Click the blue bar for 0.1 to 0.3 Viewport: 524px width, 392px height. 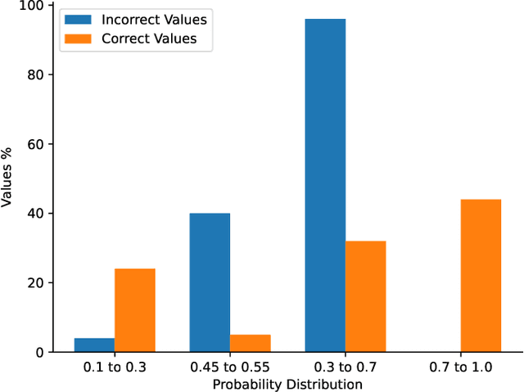[x=94, y=345]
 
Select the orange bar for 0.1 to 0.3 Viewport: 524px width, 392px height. [x=134, y=310]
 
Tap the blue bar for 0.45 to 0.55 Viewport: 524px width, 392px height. [x=210, y=282]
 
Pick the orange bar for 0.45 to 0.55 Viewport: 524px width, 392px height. [x=250, y=343]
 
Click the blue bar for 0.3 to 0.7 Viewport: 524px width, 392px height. [x=325, y=185]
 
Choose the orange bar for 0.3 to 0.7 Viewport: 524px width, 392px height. [x=365, y=296]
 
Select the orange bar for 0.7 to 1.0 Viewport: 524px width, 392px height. [x=481, y=276]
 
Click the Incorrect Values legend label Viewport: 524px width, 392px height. [x=154, y=18]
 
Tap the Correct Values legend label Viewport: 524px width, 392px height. [x=149, y=38]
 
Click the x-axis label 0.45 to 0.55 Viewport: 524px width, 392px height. [x=229, y=367]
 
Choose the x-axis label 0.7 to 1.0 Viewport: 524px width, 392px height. [x=460, y=367]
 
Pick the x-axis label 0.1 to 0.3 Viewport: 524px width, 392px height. [x=114, y=367]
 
